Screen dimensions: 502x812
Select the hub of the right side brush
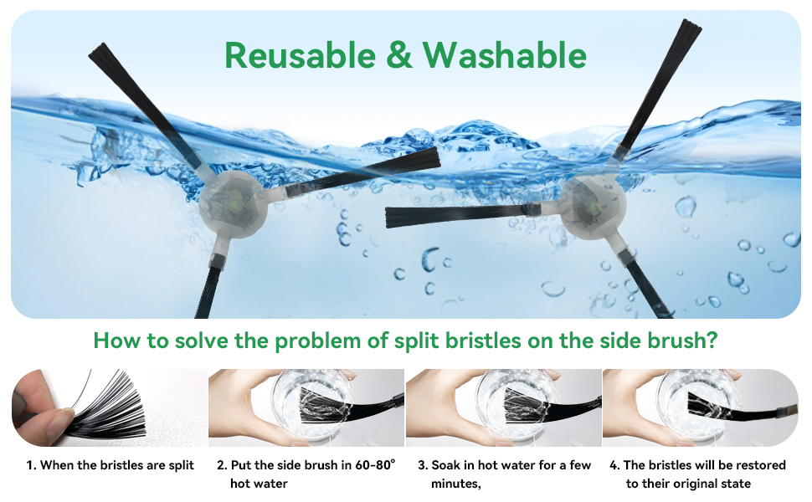tap(589, 202)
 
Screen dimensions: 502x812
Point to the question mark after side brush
tap(712, 341)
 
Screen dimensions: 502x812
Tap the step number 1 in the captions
tap(30, 464)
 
